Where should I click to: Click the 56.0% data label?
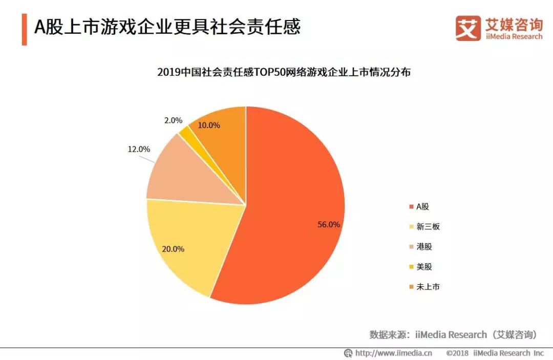(x=328, y=224)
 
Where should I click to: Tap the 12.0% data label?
(x=138, y=150)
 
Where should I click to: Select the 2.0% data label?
(x=173, y=120)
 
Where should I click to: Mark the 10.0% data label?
(x=209, y=125)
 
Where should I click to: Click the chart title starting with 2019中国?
(x=284, y=72)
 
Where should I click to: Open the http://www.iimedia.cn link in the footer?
(x=393, y=353)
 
